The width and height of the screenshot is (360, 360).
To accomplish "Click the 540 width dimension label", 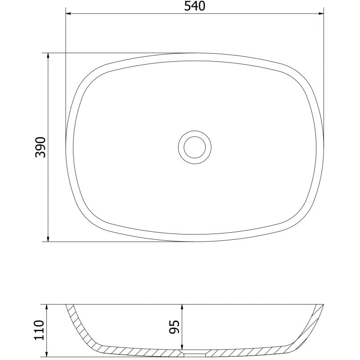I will click(x=195, y=6).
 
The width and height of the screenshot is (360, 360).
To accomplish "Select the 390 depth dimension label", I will click(x=41, y=147).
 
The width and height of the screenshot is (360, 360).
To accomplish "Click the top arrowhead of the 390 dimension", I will click(x=48, y=56).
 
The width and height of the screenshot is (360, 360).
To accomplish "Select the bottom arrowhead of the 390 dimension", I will click(x=48, y=238).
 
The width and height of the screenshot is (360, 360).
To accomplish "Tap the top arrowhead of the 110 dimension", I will click(x=48, y=307).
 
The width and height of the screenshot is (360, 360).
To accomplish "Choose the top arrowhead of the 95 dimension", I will click(x=181, y=307).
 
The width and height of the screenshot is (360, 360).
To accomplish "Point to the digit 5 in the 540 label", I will click(x=186, y=6).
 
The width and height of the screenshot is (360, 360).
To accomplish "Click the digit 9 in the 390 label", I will click(x=41, y=147).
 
